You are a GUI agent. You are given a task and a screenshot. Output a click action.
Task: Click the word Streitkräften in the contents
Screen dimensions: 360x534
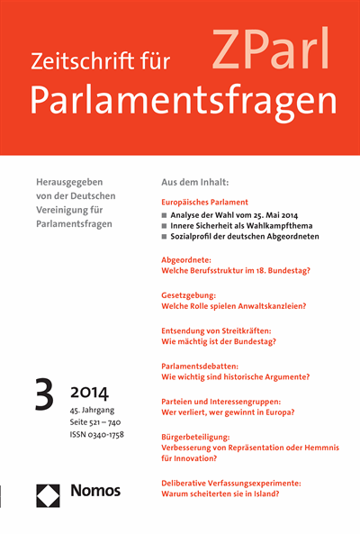pyautogui.click(x=243, y=330)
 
